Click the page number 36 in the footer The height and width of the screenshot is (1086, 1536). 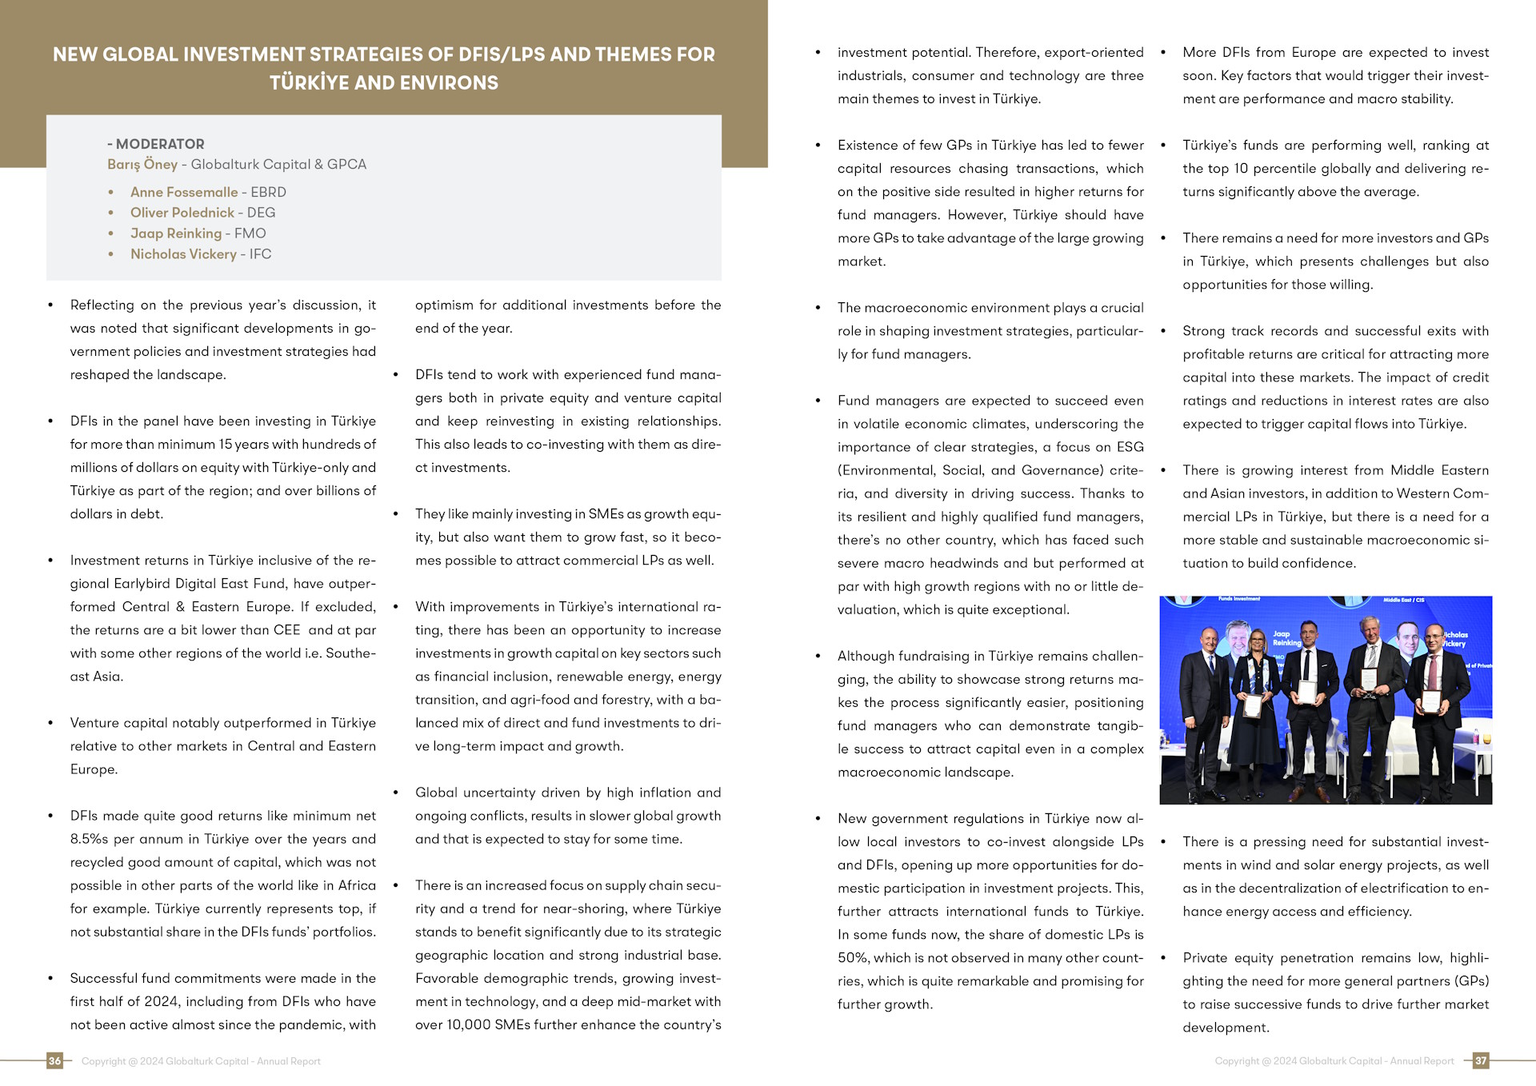click(x=54, y=1060)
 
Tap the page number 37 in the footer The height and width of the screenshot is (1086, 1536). click(x=1481, y=1060)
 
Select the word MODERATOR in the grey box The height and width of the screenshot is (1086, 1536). click(x=160, y=144)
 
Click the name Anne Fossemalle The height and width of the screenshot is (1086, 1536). click(x=184, y=192)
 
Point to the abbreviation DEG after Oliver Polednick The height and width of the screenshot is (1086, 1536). click(x=261, y=213)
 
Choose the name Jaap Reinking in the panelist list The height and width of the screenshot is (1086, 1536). click(x=176, y=234)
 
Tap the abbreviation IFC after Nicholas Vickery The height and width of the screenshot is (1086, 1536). click(x=260, y=254)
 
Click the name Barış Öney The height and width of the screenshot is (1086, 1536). click(x=142, y=165)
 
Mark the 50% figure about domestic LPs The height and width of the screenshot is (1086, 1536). click(x=852, y=957)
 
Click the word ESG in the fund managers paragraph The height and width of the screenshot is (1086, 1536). click(x=1130, y=447)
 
